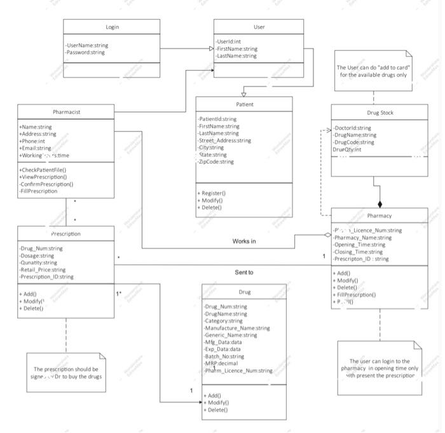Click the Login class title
(112, 27)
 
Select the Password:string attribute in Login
(85, 53)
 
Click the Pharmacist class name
(66, 112)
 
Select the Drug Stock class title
(380, 113)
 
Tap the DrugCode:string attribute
(354, 142)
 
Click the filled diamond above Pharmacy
(380, 204)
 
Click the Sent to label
(244, 273)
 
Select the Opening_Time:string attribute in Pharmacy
(360, 245)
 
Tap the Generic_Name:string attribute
(230, 335)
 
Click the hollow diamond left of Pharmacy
(327, 234)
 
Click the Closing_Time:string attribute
(359, 252)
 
